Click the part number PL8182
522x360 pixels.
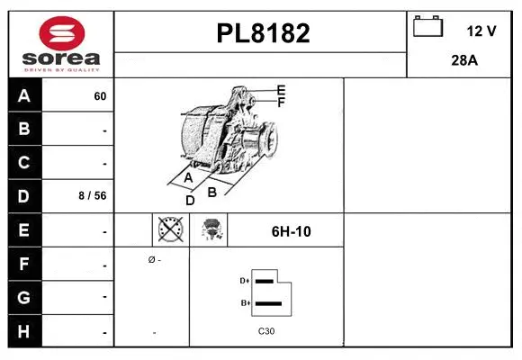tap(262, 33)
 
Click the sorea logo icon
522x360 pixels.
tap(60, 33)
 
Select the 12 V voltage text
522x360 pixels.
tap(481, 31)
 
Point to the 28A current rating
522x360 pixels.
tap(463, 62)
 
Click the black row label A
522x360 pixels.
tap(24, 96)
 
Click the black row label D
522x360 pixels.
tap(24, 195)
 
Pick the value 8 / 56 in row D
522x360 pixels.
tap(94, 195)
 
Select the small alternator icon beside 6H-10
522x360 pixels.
tap(212, 230)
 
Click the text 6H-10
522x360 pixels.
tap(291, 231)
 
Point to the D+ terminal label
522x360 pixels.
tap(244, 281)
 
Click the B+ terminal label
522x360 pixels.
tap(244, 303)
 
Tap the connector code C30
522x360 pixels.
tap(266, 331)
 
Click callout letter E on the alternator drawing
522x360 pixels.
tap(282, 90)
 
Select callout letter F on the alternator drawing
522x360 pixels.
tap(282, 103)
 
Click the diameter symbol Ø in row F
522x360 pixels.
tap(152, 259)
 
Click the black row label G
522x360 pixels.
tap(24, 296)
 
